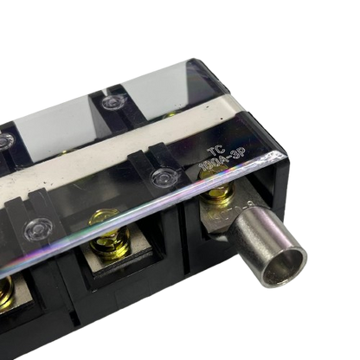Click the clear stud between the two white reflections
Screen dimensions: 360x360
coord(110,102)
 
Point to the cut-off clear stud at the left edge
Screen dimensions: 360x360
coord(4,141)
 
